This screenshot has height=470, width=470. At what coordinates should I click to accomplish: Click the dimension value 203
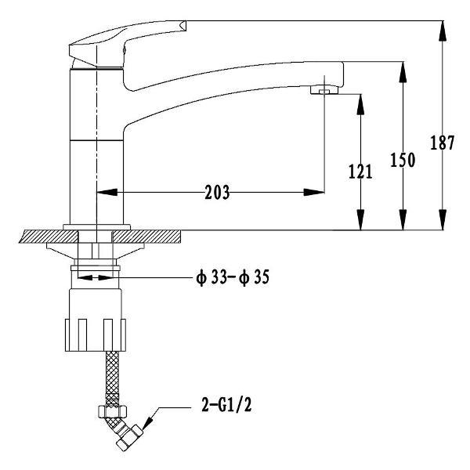coord(217,192)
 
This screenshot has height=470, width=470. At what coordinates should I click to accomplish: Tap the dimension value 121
coord(360,172)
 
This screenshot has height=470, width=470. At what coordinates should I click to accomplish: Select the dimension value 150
coord(403,160)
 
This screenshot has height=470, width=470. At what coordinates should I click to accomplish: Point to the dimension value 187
coord(442,143)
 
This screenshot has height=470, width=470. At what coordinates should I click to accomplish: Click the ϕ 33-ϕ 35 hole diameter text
coord(233,277)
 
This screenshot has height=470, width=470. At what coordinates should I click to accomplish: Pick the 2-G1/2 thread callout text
coord(226,405)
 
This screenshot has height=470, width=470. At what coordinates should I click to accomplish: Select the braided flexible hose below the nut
coord(112,378)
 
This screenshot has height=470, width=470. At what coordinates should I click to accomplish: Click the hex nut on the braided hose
coord(112,411)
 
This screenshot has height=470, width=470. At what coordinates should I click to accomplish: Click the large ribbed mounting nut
coord(96,334)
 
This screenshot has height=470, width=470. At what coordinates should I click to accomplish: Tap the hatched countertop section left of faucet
coord(48,237)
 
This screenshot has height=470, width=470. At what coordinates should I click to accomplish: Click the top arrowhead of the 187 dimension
coord(443,31)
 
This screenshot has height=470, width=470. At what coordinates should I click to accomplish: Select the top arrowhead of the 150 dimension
coord(403,71)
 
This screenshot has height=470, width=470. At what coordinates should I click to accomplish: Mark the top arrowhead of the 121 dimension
coord(360,104)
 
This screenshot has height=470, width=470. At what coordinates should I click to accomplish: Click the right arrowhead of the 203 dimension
coord(314,192)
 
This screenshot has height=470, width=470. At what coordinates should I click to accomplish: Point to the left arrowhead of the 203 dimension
coord(107,192)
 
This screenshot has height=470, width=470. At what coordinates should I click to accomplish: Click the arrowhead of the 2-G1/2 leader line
coord(147,423)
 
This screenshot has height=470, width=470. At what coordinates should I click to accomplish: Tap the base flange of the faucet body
coord(97,227)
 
